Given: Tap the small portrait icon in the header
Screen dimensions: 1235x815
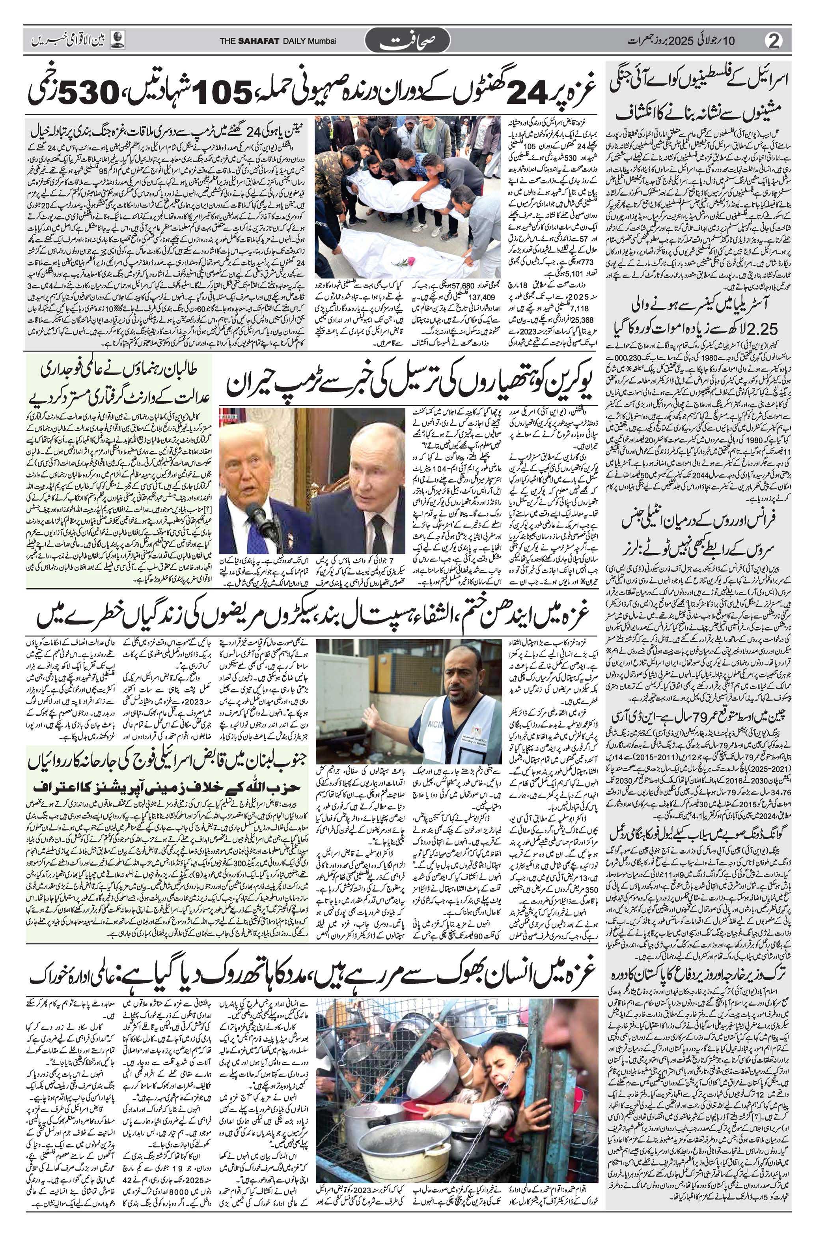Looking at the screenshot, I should pyautogui.click(x=119, y=40).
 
